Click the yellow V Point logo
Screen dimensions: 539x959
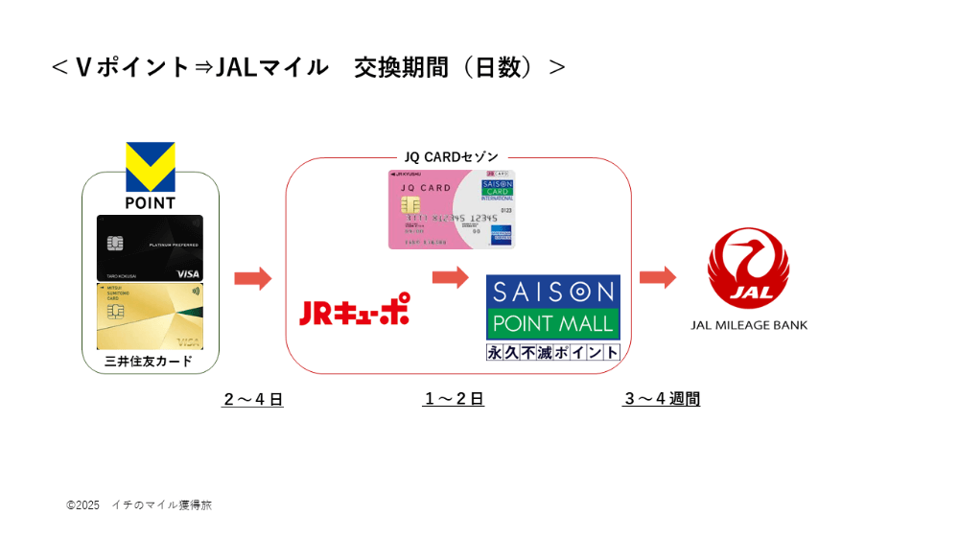[x=151, y=167]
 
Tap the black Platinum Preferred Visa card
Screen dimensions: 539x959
[x=150, y=246]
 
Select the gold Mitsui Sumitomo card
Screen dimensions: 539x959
[x=150, y=316]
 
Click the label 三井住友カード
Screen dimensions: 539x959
[x=149, y=362]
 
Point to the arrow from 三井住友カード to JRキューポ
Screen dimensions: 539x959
[x=252, y=279]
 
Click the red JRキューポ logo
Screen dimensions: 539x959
[x=354, y=309]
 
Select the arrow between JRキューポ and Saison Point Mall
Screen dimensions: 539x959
[x=450, y=278]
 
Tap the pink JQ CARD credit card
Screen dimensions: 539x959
[x=451, y=209]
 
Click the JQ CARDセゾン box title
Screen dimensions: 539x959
[x=451, y=156]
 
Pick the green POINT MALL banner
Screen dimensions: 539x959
[x=552, y=323]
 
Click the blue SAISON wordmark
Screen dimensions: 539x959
[x=552, y=291]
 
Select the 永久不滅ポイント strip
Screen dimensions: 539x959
[x=552, y=352]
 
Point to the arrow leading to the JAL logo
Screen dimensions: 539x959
[x=658, y=278]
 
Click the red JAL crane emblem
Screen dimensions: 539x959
[x=748, y=268]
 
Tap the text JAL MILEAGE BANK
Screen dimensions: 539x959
[x=749, y=325]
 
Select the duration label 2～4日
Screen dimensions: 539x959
[x=253, y=400]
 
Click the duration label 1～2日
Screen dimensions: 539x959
[x=454, y=399]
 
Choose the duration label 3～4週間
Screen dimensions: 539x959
[x=662, y=399]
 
